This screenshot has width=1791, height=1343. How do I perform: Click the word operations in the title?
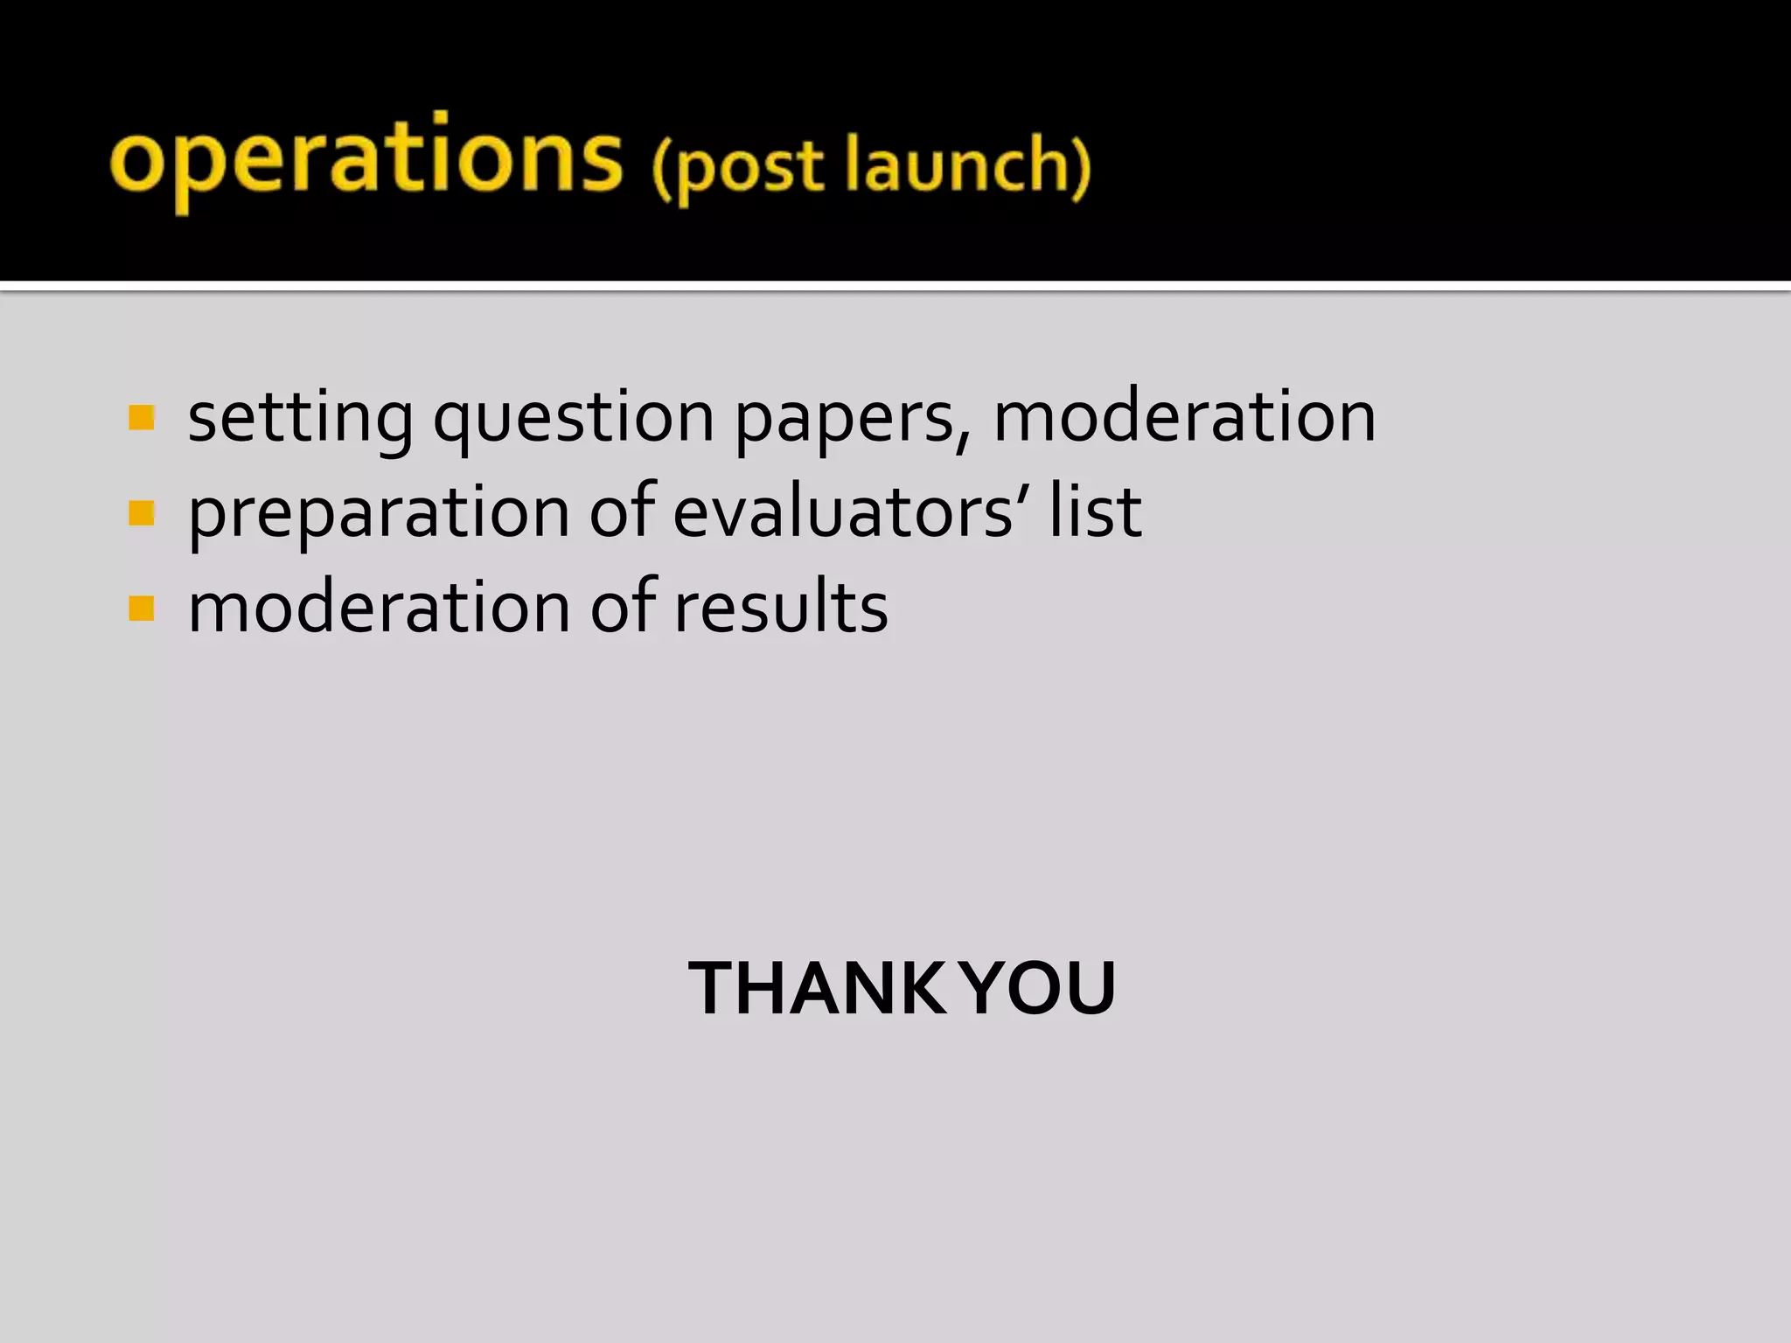click(x=366, y=160)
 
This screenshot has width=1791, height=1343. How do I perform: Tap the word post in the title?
click(x=749, y=166)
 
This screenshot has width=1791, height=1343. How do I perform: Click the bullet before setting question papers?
click(x=141, y=418)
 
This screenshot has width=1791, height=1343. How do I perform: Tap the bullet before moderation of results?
click(x=141, y=608)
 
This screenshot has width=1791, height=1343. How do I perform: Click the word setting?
click(x=300, y=418)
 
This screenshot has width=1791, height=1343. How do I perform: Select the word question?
click(x=574, y=418)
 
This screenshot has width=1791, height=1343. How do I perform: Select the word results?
click(x=781, y=607)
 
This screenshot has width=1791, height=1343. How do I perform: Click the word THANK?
click(x=817, y=988)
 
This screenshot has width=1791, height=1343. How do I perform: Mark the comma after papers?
click(x=963, y=437)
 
